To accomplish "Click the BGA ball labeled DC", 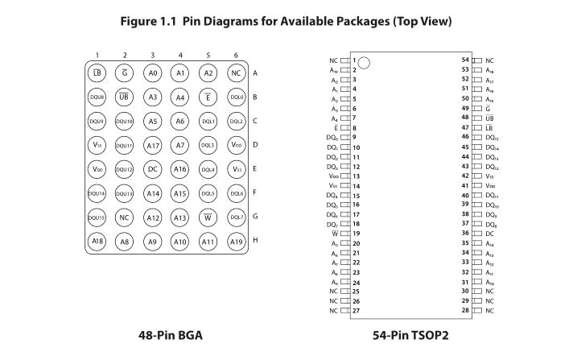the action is point(153,170).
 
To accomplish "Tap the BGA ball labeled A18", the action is point(97,242).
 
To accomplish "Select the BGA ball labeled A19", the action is point(236,242).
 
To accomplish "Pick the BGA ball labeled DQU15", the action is point(97,217).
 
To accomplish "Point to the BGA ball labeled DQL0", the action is point(236,97).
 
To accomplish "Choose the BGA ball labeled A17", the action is point(153,146).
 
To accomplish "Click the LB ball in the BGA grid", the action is point(97,73).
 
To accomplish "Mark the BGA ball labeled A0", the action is point(153,73).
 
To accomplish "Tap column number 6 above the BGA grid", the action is point(236,56).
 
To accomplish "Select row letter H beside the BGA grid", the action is point(255,242).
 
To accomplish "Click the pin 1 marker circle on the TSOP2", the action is point(364,63).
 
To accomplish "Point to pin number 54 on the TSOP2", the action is point(465,60).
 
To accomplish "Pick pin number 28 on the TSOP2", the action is point(465,310).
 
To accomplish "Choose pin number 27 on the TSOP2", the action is point(356,310).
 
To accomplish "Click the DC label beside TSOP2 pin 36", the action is point(489,234).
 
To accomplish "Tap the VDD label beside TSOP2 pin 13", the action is point(333,176).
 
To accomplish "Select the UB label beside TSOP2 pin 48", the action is point(489,118).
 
